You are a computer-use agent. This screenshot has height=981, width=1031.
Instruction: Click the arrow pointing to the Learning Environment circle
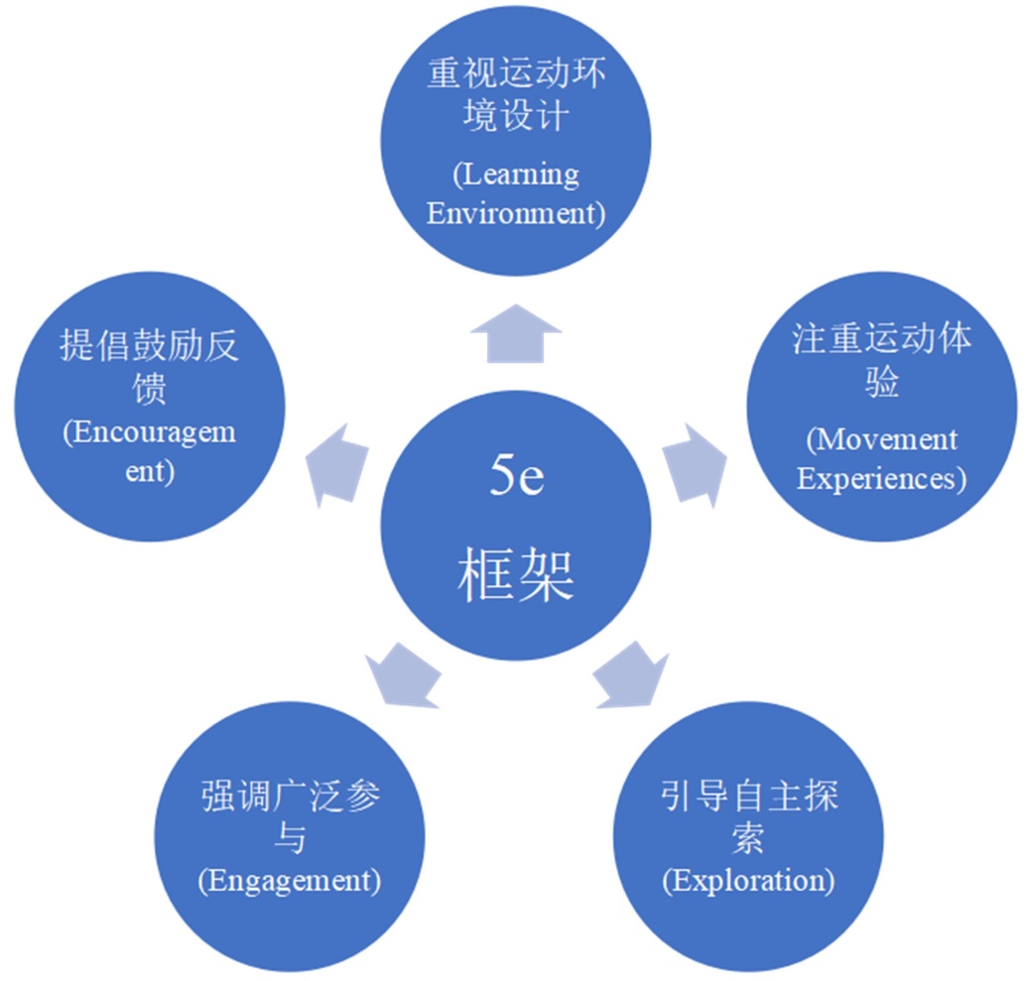click(x=516, y=334)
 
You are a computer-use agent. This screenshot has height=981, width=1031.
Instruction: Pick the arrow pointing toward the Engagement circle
click(x=403, y=674)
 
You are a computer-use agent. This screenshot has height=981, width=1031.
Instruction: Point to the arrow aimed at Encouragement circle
click(x=337, y=461)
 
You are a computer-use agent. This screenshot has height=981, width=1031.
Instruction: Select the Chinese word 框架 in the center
click(x=516, y=575)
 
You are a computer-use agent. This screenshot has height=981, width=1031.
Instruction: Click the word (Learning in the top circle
click(x=516, y=175)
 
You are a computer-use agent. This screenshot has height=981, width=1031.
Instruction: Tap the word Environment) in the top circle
click(x=516, y=213)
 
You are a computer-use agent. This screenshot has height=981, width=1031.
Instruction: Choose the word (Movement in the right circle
click(x=882, y=438)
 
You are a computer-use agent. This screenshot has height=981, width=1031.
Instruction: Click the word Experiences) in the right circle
click(x=882, y=478)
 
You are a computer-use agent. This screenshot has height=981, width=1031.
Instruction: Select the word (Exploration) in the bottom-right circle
click(x=748, y=879)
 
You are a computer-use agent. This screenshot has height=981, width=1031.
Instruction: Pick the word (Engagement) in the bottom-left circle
click(x=289, y=879)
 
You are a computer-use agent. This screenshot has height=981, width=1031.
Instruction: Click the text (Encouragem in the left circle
click(x=150, y=433)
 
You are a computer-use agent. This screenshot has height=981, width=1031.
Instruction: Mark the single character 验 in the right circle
click(x=882, y=382)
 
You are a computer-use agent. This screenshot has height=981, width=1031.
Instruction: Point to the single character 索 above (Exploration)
click(x=748, y=838)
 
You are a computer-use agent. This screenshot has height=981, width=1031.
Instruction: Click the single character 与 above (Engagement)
click(x=289, y=838)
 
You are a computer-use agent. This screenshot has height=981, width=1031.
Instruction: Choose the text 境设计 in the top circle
click(x=516, y=116)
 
